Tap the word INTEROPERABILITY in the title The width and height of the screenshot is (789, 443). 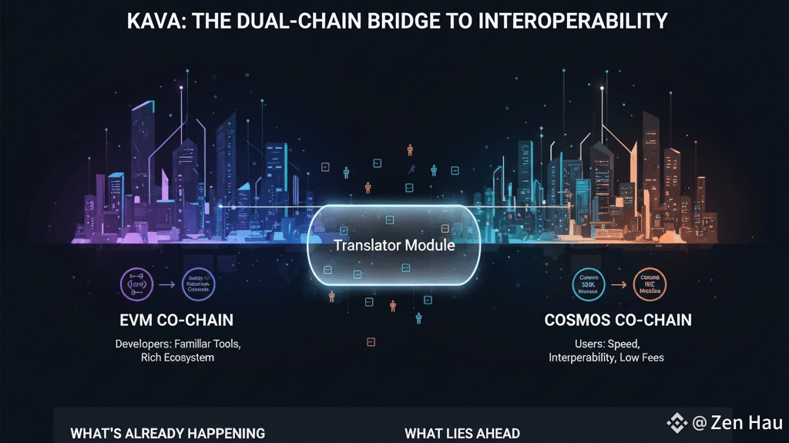(x=573, y=21)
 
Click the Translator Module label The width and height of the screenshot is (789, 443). (x=394, y=246)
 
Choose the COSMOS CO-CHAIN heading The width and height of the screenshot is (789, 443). (x=618, y=320)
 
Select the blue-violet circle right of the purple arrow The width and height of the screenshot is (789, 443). (x=199, y=285)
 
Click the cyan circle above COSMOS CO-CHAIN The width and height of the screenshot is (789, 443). (x=589, y=285)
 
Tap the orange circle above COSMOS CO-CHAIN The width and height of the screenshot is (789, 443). (x=650, y=285)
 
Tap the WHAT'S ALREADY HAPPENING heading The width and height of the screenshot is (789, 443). (x=167, y=434)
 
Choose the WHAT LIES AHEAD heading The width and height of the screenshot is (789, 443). (x=462, y=434)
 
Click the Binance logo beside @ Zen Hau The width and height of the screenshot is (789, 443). (x=677, y=422)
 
